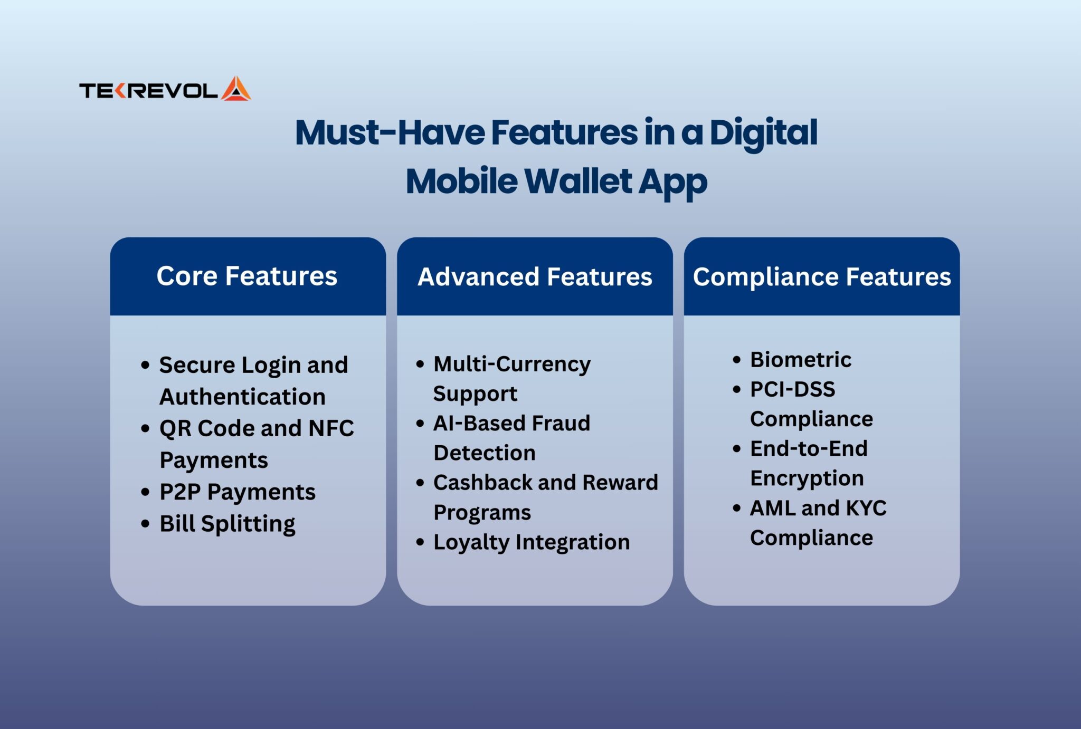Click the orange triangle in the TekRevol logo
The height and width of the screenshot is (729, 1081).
click(236, 89)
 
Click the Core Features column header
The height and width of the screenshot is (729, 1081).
click(247, 276)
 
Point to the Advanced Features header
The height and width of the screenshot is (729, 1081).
click(535, 277)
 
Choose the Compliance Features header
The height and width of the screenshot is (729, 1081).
click(822, 277)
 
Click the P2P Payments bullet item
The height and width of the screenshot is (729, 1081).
click(237, 492)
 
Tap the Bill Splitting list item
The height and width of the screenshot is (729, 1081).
click(227, 524)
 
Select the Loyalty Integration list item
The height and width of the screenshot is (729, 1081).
click(532, 542)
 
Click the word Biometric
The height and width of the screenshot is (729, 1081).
click(801, 360)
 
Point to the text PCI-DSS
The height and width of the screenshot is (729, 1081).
click(792, 389)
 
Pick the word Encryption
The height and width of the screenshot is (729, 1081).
click(807, 478)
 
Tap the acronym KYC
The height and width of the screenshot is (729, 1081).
click(866, 508)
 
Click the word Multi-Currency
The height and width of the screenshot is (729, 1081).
click(511, 364)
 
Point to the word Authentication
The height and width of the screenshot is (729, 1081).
click(242, 397)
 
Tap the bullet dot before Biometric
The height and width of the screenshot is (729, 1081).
click(737, 360)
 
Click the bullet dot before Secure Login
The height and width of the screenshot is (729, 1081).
click(146, 365)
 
